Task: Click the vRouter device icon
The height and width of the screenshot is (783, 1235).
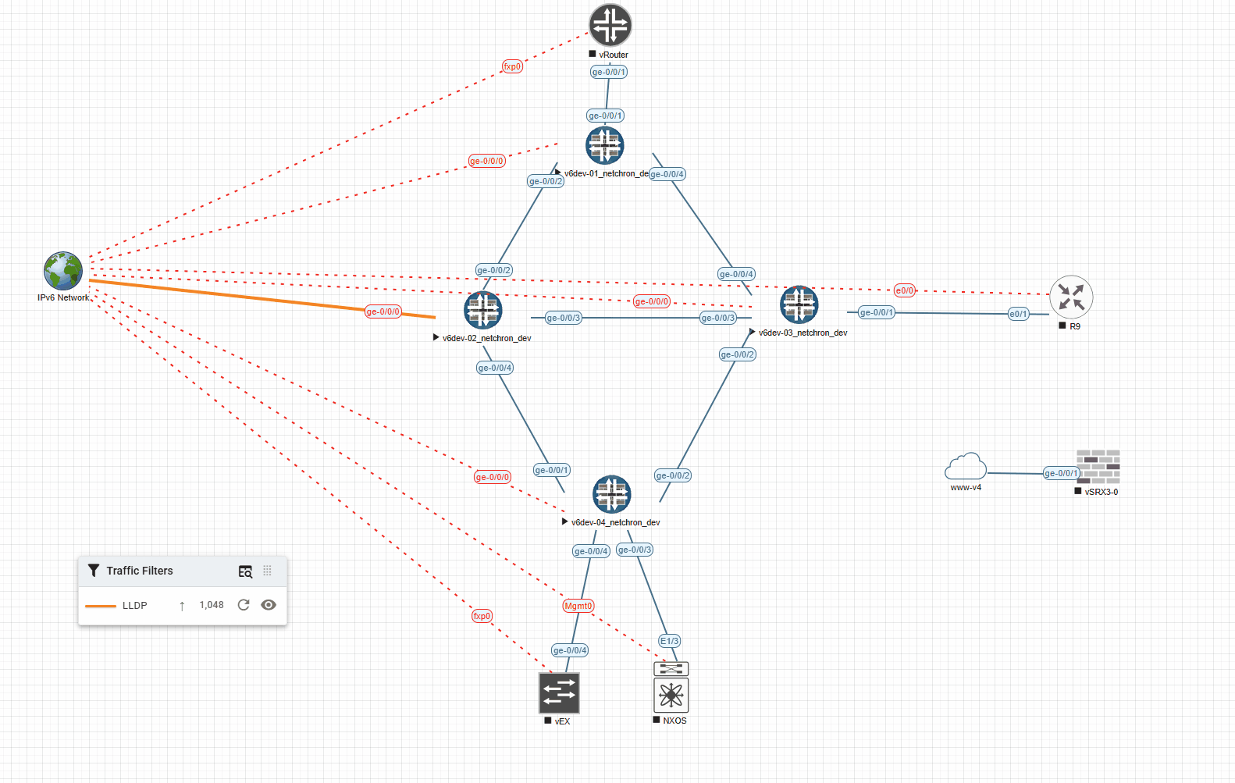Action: point(610,25)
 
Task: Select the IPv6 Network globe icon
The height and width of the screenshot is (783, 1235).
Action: point(63,271)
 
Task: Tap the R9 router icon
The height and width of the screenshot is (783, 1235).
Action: point(1071,297)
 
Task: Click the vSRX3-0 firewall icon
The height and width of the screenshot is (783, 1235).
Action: point(1098,466)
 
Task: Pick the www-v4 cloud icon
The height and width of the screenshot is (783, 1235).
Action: point(966,467)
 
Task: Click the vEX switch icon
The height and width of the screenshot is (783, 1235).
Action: point(559,693)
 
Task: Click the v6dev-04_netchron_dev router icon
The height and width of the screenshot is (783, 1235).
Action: point(611,494)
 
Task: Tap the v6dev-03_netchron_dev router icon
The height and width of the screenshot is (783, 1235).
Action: point(799,304)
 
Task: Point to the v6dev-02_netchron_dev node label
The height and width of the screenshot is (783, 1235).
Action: point(486,339)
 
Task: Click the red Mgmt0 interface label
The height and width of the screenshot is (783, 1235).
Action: point(578,606)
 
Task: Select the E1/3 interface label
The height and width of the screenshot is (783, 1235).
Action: point(670,641)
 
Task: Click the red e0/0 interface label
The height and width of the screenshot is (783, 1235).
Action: point(905,290)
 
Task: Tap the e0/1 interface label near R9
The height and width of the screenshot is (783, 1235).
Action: point(1019,314)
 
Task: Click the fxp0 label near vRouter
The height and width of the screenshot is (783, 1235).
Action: point(512,66)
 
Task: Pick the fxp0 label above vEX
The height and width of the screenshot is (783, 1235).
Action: point(482,616)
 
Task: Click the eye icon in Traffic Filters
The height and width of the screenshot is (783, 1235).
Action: point(269,605)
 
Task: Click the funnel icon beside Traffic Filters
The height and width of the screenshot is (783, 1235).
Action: point(94,571)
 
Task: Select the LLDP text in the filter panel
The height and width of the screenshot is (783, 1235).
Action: point(134,606)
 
